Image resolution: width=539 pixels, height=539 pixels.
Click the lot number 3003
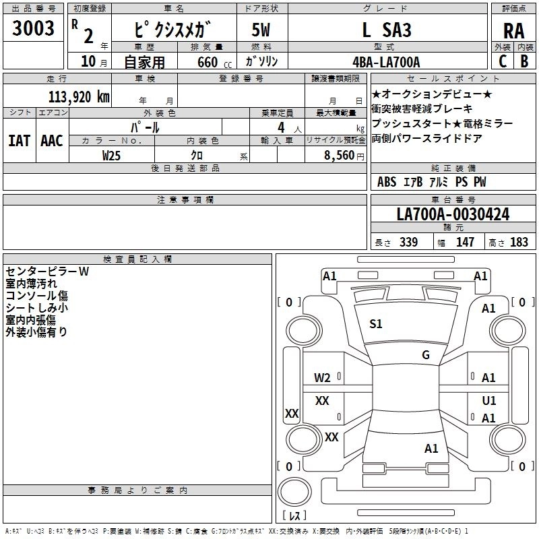tap(34, 29)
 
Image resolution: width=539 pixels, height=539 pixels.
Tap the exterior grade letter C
tap(502, 61)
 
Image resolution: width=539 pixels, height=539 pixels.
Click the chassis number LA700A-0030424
tap(453, 214)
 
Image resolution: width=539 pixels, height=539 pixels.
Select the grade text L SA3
tap(386, 30)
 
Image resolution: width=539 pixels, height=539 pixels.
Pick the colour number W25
tap(112, 156)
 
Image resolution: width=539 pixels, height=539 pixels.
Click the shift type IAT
tap(19, 141)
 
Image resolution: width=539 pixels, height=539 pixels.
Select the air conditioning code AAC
tap(52, 141)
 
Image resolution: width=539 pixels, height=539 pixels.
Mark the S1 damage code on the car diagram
tap(375, 324)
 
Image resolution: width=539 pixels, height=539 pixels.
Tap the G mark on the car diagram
tap(425, 355)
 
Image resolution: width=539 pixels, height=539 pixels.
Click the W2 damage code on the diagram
tap(323, 377)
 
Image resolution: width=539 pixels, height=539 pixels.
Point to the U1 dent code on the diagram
tap(489, 400)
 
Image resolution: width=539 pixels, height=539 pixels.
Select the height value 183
tap(519, 243)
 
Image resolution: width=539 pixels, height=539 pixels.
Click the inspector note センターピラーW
tap(47, 272)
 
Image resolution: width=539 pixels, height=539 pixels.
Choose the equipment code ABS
tap(387, 182)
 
